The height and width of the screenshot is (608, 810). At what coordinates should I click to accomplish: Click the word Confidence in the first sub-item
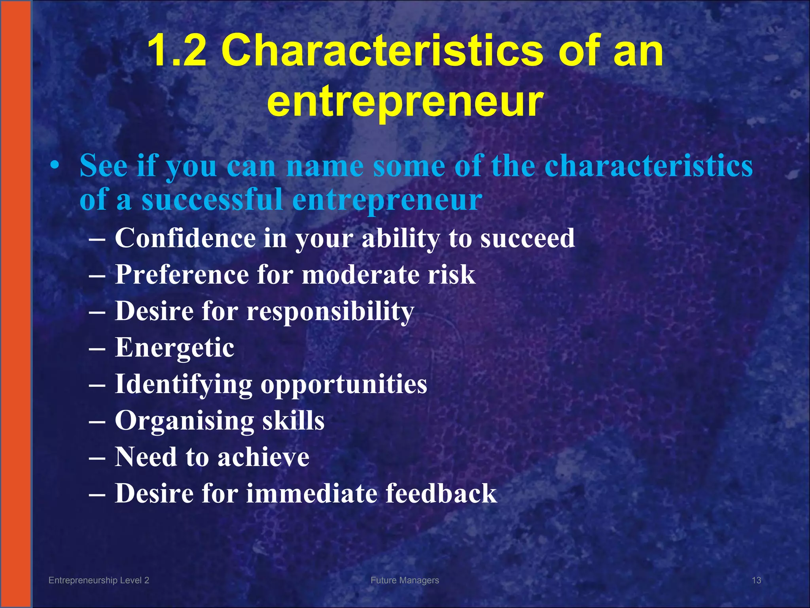(185, 238)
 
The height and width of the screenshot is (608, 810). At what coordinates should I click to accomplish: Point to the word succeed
(528, 238)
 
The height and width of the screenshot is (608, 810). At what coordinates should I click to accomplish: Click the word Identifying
(183, 384)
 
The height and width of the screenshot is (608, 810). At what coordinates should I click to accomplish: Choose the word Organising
(184, 421)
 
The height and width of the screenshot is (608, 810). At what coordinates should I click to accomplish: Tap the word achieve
(263, 457)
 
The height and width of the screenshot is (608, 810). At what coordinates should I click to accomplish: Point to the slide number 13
(756, 580)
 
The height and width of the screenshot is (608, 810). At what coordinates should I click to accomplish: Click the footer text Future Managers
(405, 580)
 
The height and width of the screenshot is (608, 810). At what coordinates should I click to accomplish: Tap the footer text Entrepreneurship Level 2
(99, 580)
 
